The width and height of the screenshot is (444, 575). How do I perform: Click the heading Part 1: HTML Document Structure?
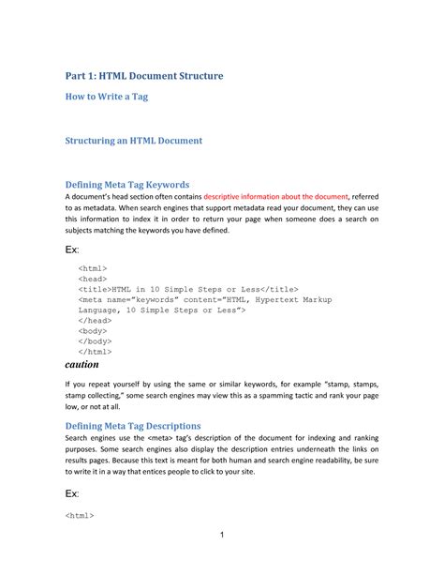coord(143,75)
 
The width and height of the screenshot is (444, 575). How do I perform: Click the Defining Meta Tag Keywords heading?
coord(127,184)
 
